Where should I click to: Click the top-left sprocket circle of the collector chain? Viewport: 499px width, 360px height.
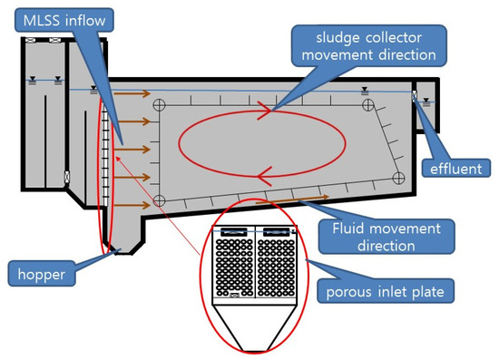(x=159, y=104)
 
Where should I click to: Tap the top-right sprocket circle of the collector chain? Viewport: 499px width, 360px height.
(x=367, y=105)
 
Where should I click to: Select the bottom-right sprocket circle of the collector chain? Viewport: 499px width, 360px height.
(x=397, y=176)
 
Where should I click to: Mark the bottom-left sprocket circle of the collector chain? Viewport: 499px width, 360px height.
(x=159, y=199)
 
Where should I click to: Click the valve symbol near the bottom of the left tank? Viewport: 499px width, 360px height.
(x=65, y=174)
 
